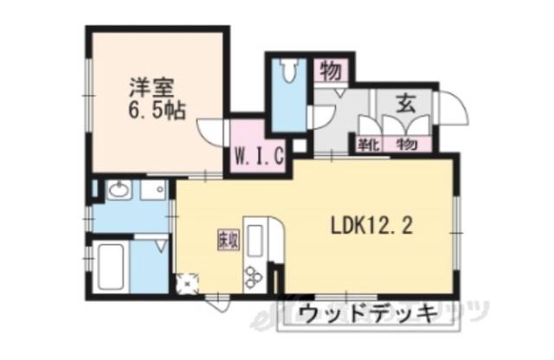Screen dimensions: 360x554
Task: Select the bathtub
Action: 112,269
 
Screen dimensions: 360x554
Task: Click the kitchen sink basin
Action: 257,236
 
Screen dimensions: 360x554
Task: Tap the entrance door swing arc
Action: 449,107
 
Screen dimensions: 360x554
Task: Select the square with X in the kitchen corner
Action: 185,282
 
